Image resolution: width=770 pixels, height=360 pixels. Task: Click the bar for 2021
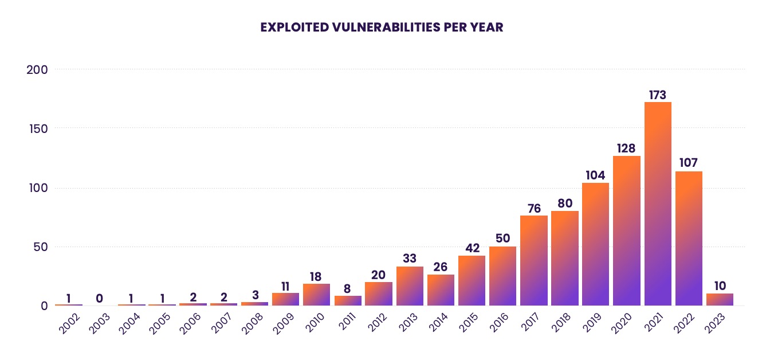coord(658,204)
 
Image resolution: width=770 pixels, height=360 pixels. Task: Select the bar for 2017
coord(534,260)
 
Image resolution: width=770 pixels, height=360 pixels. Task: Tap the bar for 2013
coord(410,286)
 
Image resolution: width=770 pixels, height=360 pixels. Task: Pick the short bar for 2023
coord(720,299)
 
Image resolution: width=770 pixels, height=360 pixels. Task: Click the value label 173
coord(658,95)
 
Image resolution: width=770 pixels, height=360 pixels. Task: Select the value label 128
coord(627,148)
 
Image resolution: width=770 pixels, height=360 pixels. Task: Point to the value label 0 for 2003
coord(99,298)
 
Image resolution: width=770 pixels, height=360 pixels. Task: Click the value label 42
coord(472,248)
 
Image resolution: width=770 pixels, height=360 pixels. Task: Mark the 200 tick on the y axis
coord(37,69)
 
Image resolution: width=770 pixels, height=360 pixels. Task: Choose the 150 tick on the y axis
coord(37,128)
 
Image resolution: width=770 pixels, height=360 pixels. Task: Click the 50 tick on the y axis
coord(40,246)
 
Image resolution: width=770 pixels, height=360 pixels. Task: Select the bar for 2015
coord(472,280)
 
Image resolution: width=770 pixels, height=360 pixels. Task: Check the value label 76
coord(534,209)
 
